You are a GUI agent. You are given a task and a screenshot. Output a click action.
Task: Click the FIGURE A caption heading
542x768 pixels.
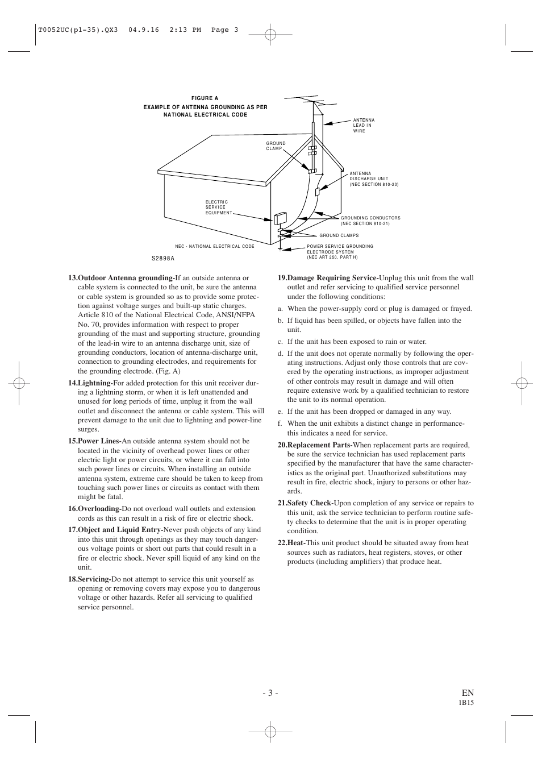coord(205,98)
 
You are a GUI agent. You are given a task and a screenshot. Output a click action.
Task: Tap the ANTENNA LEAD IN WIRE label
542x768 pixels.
coord(364,126)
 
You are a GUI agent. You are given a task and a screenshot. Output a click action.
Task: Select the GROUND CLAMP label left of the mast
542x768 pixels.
coord(276,146)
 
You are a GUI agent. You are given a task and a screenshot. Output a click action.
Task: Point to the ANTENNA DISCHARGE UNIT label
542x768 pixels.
coord(373,179)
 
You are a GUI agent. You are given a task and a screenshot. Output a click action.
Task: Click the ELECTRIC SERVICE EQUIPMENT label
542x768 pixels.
coord(219,207)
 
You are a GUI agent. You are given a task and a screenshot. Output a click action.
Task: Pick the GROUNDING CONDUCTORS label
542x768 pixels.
coord(370,221)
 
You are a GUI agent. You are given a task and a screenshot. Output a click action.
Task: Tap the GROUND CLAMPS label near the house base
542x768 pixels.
coord(339,235)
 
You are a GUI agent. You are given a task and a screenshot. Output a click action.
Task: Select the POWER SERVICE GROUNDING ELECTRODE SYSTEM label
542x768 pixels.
coord(340,252)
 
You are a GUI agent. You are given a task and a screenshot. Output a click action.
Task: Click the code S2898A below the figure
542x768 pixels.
coord(162,258)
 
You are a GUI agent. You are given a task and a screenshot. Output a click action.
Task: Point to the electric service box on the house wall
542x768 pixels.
coord(281,218)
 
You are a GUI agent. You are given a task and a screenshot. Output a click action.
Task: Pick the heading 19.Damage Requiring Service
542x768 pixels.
coord(328,278)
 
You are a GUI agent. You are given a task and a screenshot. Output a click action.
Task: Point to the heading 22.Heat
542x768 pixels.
coord(291,543)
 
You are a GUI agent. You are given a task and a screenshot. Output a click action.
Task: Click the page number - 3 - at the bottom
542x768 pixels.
coord(270,692)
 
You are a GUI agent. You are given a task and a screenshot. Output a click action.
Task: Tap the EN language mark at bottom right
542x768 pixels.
coord(467,692)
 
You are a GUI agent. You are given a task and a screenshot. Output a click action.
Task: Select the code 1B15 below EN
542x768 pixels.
coord(466,703)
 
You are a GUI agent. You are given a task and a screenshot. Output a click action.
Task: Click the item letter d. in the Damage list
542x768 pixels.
coord(280,354)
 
